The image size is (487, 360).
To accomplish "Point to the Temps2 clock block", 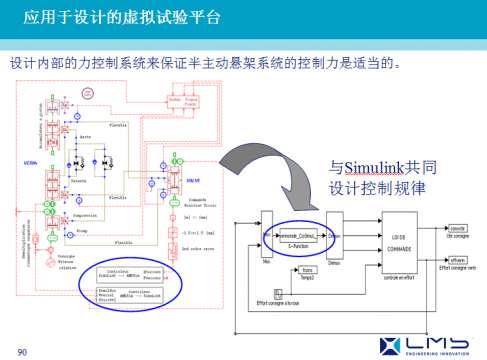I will click(308, 270).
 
